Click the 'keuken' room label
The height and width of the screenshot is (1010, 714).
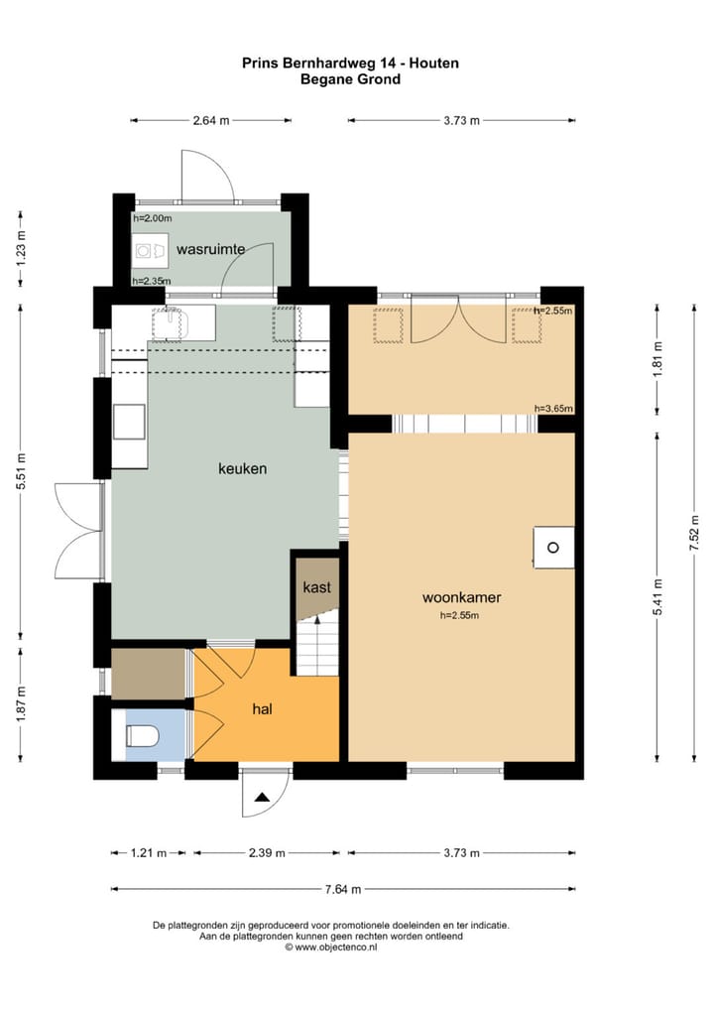click(x=242, y=469)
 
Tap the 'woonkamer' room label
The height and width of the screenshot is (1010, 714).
click(x=462, y=597)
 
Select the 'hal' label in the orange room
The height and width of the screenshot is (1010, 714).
click(x=262, y=709)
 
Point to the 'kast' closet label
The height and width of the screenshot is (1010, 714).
click(x=316, y=587)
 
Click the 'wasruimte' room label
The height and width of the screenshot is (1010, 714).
click(x=210, y=249)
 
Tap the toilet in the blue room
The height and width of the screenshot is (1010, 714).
click(x=142, y=735)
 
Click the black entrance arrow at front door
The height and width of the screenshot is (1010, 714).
click(x=262, y=798)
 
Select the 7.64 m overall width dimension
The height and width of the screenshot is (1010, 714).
click(x=343, y=890)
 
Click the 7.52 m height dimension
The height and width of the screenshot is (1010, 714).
click(x=694, y=533)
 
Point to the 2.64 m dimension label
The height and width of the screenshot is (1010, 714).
click(x=211, y=120)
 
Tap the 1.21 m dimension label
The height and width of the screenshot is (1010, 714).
click(x=149, y=853)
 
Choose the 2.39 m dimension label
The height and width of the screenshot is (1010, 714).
click(x=267, y=853)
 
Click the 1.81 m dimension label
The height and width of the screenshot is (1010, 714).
click(x=657, y=359)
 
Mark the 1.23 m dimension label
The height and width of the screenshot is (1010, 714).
click(x=21, y=249)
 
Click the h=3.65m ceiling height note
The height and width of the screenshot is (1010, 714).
click(x=553, y=409)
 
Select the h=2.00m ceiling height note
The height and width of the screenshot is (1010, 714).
click(x=153, y=218)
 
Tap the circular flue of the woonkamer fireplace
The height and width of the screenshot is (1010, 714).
click(x=553, y=548)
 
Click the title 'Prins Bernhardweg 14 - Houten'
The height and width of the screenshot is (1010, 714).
click(x=351, y=63)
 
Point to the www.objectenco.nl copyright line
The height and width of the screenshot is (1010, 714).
click(x=331, y=947)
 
